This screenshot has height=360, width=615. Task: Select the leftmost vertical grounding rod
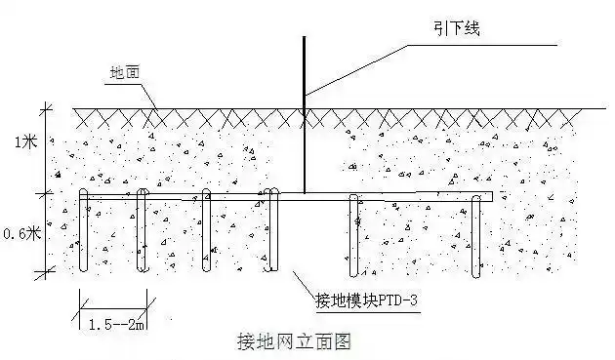(x=83, y=234)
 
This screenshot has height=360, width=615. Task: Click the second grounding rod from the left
(x=143, y=234)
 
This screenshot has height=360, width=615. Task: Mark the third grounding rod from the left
(x=206, y=234)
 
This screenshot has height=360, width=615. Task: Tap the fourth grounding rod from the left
(x=267, y=234)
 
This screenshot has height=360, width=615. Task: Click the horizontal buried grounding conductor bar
(x=410, y=197)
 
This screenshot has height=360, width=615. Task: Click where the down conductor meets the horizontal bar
(x=305, y=195)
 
